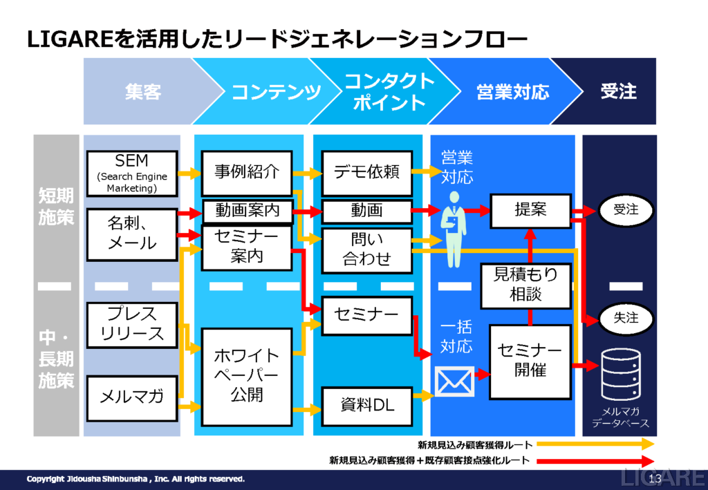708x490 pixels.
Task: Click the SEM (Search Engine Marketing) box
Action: (132, 173)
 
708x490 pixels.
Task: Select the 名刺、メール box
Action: (132, 234)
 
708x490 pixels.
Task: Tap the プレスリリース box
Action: (132, 325)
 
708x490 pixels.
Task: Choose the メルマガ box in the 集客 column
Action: (132, 398)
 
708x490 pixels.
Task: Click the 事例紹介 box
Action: (247, 173)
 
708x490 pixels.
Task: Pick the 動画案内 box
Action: (248, 211)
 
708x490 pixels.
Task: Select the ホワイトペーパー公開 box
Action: (247, 377)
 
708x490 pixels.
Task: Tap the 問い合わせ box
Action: (367, 250)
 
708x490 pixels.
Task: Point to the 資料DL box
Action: (367, 406)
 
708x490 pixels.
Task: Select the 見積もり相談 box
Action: (526, 286)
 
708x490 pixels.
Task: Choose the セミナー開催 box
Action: (530, 362)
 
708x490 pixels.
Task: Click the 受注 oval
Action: (626, 210)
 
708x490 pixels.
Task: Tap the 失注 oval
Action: (626, 319)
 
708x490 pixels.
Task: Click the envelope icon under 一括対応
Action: (455, 381)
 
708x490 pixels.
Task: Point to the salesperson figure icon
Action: (454, 229)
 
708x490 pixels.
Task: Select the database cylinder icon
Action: (622, 375)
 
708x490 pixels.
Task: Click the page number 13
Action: (655, 479)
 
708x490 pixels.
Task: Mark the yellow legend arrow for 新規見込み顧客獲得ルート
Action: (595, 444)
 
